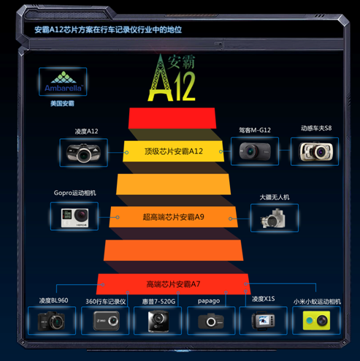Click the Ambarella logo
[63, 81]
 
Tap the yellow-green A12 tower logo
[172, 77]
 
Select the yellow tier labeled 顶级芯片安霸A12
[173, 151]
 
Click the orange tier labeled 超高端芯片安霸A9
[173, 217]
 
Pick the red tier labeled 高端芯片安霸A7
[173, 284]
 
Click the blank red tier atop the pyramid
[172, 118]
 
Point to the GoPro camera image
[74, 218]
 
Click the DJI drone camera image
[273, 218]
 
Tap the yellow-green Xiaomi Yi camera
[316, 320]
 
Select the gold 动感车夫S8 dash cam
[315, 151]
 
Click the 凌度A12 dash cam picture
[83, 153]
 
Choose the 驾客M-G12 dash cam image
[255, 151]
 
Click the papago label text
[209, 301]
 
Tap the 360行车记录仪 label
[106, 302]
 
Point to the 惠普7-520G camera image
[158, 321]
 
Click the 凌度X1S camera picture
[263, 320]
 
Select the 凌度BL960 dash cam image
[51, 321]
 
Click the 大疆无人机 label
[275, 197]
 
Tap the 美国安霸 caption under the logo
[62, 104]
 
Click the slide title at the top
[108, 30]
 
